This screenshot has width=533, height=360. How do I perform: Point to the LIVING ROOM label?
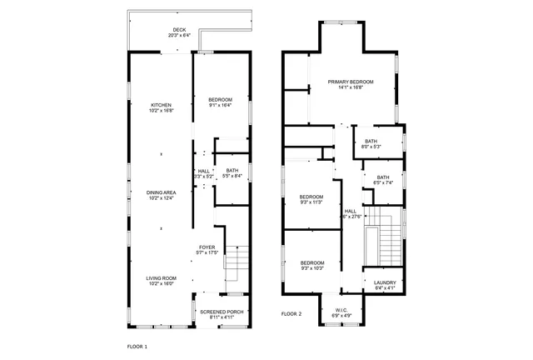pos(160,281)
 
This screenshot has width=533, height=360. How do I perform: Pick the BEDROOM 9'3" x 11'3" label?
pos(311,198)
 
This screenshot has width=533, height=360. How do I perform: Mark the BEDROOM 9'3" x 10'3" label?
pos(311,263)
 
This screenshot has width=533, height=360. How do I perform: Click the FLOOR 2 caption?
pos(291,314)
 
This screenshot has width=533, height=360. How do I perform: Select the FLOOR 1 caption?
pos(137,346)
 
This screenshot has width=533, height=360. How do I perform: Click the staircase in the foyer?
pos(238,265)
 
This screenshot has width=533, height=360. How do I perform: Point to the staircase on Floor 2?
pos(388,242)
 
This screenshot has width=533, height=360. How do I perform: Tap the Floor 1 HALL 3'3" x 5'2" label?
pos(203,172)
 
